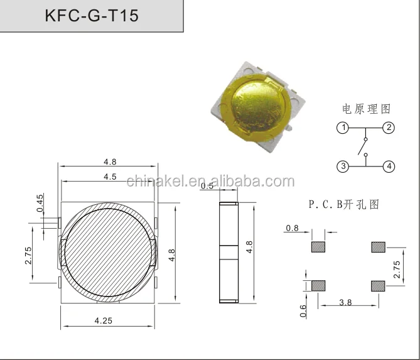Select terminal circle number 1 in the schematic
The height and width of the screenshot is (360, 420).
click(342, 128)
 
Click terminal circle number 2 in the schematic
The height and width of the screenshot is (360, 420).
click(389, 128)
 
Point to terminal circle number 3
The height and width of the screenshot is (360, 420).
click(342, 166)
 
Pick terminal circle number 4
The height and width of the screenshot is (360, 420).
click(389, 166)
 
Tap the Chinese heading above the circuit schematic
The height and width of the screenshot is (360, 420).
click(366, 109)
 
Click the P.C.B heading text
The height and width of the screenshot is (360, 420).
click(343, 205)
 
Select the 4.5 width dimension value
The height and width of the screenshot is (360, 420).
click(109, 177)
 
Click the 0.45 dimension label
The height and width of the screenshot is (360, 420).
click(40, 203)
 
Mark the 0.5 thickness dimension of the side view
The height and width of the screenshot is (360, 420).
click(207, 186)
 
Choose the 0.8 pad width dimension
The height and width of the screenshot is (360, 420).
click(292, 228)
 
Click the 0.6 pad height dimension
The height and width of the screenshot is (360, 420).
click(303, 310)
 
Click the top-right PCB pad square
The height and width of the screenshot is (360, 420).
click(379, 246)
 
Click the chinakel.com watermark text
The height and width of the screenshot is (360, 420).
click(210, 182)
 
